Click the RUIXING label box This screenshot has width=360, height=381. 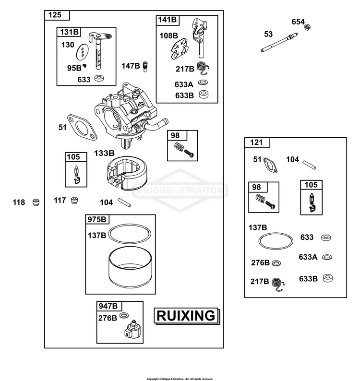coord(186,316)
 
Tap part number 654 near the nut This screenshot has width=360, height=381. coord(298,22)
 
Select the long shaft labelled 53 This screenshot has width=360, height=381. coord(279,43)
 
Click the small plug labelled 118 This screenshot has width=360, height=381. coord(36,202)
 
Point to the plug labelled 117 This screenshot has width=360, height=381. coord(74,201)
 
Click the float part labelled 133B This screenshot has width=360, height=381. coord(126,173)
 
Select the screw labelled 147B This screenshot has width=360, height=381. coord(145,67)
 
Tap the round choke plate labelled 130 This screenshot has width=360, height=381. coord(83,52)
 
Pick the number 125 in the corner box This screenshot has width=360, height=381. coord(55,15)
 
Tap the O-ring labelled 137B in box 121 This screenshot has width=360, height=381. coord(276,241)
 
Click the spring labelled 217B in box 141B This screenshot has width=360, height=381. coord(203,68)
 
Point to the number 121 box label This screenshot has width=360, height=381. coord(256,143)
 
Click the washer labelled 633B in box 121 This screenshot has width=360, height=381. coord(328,278)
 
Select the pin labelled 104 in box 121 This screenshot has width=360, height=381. coord(310,165)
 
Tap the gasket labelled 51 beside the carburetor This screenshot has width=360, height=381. coord(82,128)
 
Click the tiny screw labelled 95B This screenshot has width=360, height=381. coord(84,66)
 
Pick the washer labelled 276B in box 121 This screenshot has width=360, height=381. coord(276,263)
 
